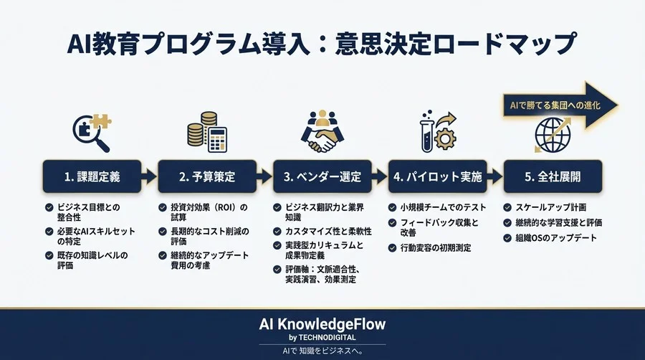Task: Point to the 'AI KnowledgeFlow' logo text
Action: pos(322,323)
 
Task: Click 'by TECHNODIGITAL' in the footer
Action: pos(322,337)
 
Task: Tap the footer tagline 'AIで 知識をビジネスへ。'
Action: pos(322,351)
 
